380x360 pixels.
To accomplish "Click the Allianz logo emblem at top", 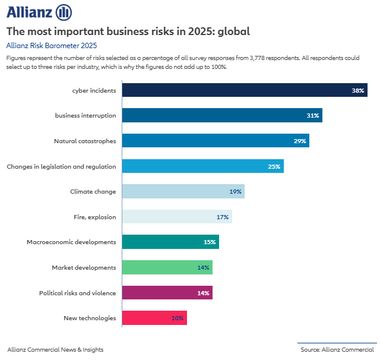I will [x=64, y=12].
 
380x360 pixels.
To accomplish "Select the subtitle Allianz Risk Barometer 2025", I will [x=51, y=45].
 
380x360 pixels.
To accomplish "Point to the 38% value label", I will [x=357, y=90].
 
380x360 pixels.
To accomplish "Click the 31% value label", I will [x=313, y=116].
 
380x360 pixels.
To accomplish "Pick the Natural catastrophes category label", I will [x=85, y=141].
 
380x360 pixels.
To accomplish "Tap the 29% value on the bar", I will [x=299, y=141].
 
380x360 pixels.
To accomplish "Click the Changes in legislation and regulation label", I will [x=61, y=166].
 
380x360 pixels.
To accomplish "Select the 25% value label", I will [x=274, y=167].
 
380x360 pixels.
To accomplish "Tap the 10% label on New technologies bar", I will [x=178, y=318].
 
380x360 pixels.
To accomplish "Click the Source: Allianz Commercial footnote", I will [x=337, y=349].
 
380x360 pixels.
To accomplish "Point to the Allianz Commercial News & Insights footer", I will [x=55, y=349].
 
